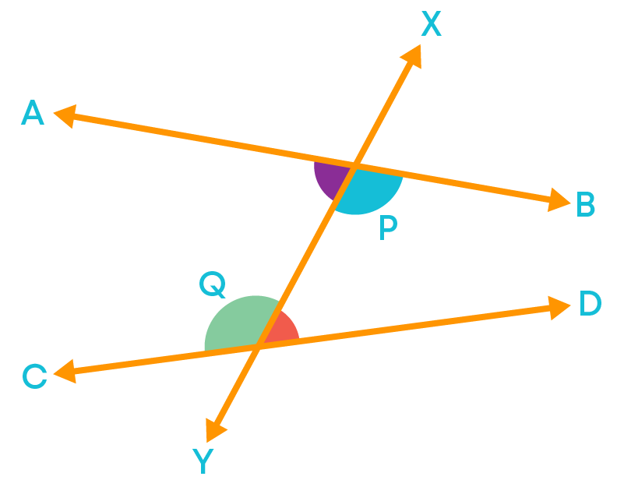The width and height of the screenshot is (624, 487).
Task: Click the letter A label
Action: pos(33,112)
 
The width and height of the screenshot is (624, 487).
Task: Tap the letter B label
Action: pos(586,204)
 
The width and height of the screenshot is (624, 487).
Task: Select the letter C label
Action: pos(34,376)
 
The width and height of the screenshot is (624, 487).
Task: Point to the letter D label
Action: pos(591,303)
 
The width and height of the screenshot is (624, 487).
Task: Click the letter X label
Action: pos(432,23)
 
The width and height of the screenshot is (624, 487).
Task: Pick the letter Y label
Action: pos(203,461)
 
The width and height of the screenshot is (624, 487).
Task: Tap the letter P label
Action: pos(389,228)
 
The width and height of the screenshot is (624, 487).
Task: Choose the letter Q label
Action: pos(213,284)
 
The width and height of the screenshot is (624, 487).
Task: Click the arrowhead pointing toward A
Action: pos(65,116)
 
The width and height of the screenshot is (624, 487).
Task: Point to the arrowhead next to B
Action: pos(559,200)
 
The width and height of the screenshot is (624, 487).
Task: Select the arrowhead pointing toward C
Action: pos(65,372)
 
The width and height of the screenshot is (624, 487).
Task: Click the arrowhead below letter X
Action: pos(411,56)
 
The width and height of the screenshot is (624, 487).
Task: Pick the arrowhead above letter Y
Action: pos(215,430)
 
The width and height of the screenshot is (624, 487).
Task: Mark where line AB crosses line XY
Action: pos(354,166)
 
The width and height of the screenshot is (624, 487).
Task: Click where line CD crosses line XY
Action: pos(258,346)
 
